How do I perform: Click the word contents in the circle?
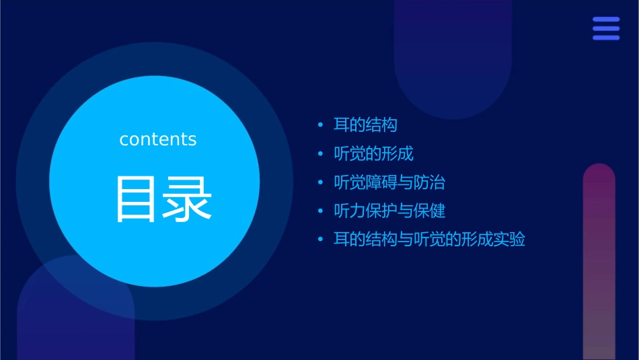tap(158, 139)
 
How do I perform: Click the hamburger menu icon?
tap(606, 28)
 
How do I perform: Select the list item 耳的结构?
tap(365, 125)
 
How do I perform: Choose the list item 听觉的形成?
tap(373, 153)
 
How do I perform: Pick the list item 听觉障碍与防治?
tap(389, 182)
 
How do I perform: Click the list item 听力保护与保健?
tap(389, 211)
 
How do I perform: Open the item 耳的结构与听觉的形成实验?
tap(429, 239)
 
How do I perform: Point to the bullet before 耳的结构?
tap(321, 125)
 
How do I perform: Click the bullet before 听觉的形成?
tap(321, 154)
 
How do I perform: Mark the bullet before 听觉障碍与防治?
tap(321, 182)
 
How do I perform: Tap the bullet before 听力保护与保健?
tap(321, 211)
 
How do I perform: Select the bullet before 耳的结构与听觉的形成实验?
tap(321, 240)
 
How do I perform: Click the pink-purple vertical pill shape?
tap(599, 262)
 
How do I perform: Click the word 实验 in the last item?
tap(509, 239)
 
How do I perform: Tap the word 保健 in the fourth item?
tap(430, 211)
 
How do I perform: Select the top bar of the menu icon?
tap(606, 20)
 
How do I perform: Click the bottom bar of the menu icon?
tap(606, 38)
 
